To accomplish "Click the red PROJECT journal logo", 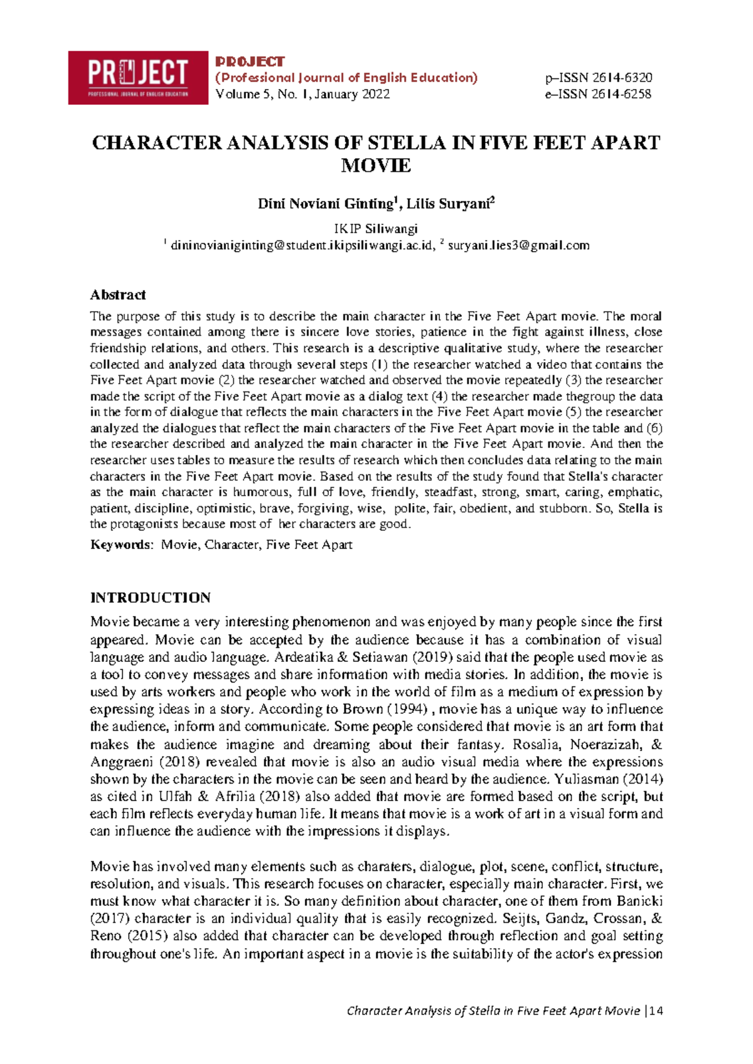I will point(138,77).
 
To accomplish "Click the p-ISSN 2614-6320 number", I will point(599,78).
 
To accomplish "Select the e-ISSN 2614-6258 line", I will point(598,94).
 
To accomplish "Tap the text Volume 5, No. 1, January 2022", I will point(302,94).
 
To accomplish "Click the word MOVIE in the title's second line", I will point(376,166).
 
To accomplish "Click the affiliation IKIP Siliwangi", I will point(376,228).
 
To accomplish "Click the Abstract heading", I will point(118,295).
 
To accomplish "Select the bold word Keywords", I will point(120,545).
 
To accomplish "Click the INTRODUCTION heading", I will point(151,597).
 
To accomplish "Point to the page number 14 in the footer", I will point(657,1011).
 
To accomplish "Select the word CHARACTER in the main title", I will point(157,143).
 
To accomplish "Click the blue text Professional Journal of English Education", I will point(346,78).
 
